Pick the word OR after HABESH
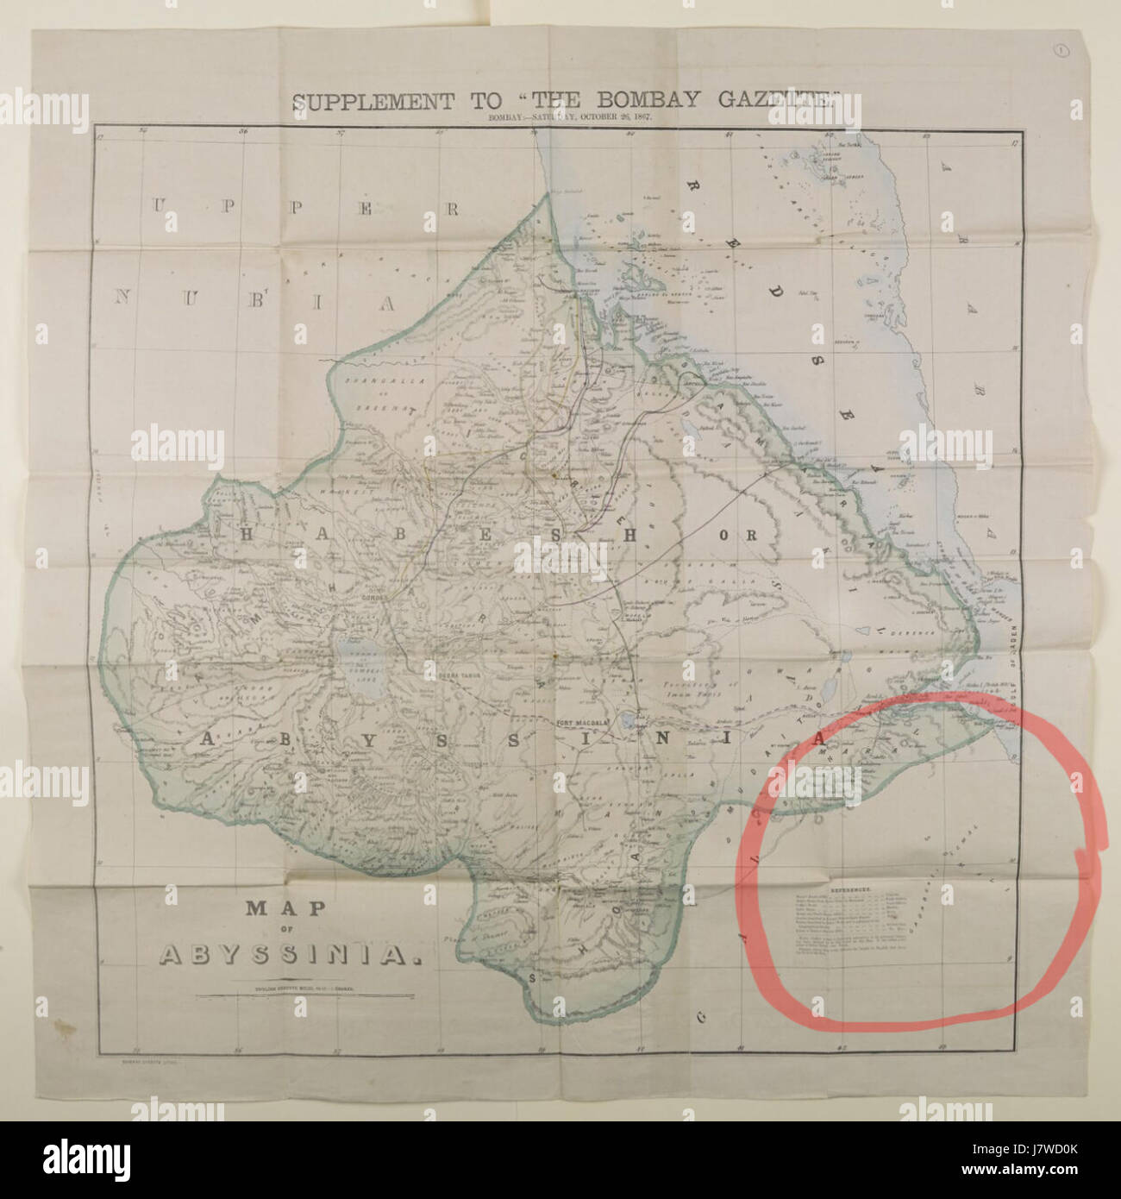click(x=748, y=536)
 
